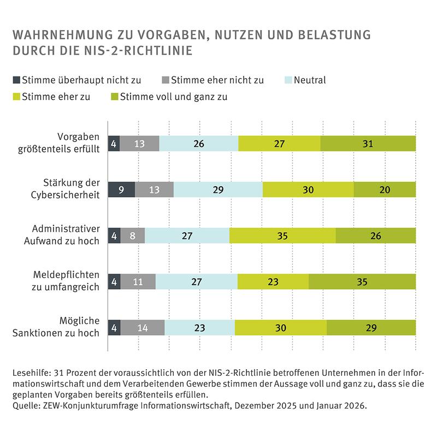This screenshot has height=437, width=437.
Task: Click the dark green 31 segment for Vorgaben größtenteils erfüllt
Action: coord(368,144)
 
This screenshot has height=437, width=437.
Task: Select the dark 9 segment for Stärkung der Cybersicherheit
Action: coord(121,190)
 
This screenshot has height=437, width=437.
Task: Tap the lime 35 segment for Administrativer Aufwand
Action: coord(282,235)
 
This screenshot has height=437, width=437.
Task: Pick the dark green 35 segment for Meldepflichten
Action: coord(362,281)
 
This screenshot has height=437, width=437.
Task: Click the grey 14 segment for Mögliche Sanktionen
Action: coord(142,327)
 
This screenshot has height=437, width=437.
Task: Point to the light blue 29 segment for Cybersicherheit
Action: coord(217,190)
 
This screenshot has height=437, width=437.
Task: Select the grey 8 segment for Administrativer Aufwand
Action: coord(132,235)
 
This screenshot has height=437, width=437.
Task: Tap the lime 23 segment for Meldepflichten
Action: coord(273,281)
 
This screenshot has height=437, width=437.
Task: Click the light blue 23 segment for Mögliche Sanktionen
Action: coord(199,327)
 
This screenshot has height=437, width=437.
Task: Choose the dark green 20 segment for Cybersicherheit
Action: coord(384,190)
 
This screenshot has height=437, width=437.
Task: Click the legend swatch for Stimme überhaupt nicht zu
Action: coord(16,80)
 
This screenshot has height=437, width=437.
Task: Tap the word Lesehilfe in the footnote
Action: coord(28,373)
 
